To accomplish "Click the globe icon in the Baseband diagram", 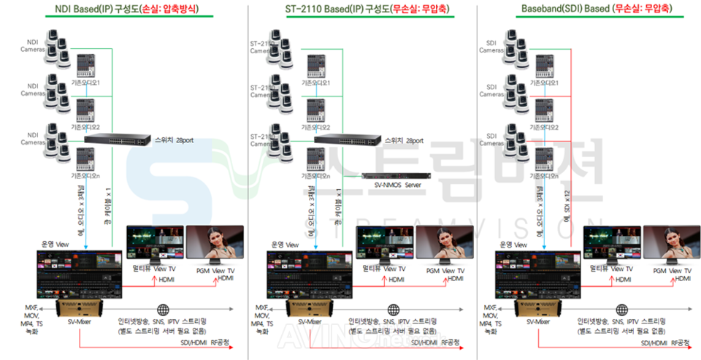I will pos(623,309).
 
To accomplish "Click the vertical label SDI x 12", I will pos(567,212).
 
